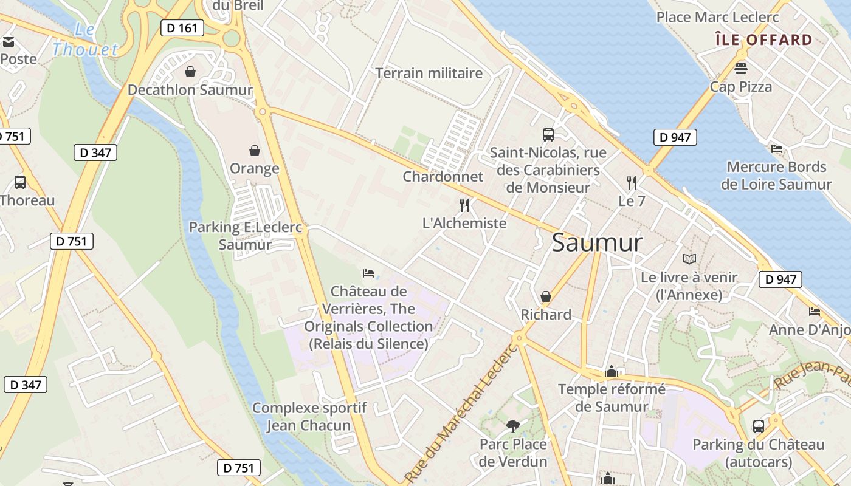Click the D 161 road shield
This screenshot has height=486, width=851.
point(182,27)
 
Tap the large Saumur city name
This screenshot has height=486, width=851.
point(597,243)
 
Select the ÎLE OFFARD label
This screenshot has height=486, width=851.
point(763,40)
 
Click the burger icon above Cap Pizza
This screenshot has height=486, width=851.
point(740,67)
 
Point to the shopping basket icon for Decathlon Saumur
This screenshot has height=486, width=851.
point(190,72)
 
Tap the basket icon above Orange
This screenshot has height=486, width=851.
point(254,150)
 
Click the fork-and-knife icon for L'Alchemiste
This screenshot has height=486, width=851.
point(464,205)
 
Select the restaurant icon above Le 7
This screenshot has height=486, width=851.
point(632,182)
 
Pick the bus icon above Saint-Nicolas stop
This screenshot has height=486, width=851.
point(548,134)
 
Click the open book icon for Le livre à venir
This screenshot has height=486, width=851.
point(689,259)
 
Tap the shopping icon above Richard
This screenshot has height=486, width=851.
point(545,296)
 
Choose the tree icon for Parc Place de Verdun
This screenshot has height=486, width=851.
point(513,426)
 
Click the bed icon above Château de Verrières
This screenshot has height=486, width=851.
point(368,273)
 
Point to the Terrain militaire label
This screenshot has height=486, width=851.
point(429,74)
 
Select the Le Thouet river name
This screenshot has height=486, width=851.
point(85,40)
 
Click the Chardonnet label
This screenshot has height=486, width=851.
point(443,177)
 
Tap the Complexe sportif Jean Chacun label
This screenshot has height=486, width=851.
point(309,416)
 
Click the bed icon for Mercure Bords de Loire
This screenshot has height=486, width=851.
point(776,148)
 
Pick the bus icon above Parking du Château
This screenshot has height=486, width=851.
point(758,426)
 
